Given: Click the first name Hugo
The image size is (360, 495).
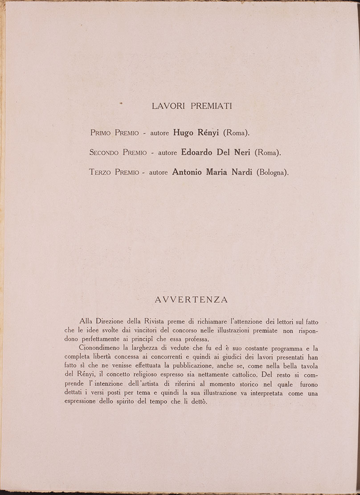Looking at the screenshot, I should pos(184,133).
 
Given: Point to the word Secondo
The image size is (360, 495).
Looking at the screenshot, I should pos(104,152).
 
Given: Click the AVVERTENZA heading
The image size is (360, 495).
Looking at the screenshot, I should pos(191,300).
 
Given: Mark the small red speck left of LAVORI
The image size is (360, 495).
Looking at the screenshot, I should pos(121,103).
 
